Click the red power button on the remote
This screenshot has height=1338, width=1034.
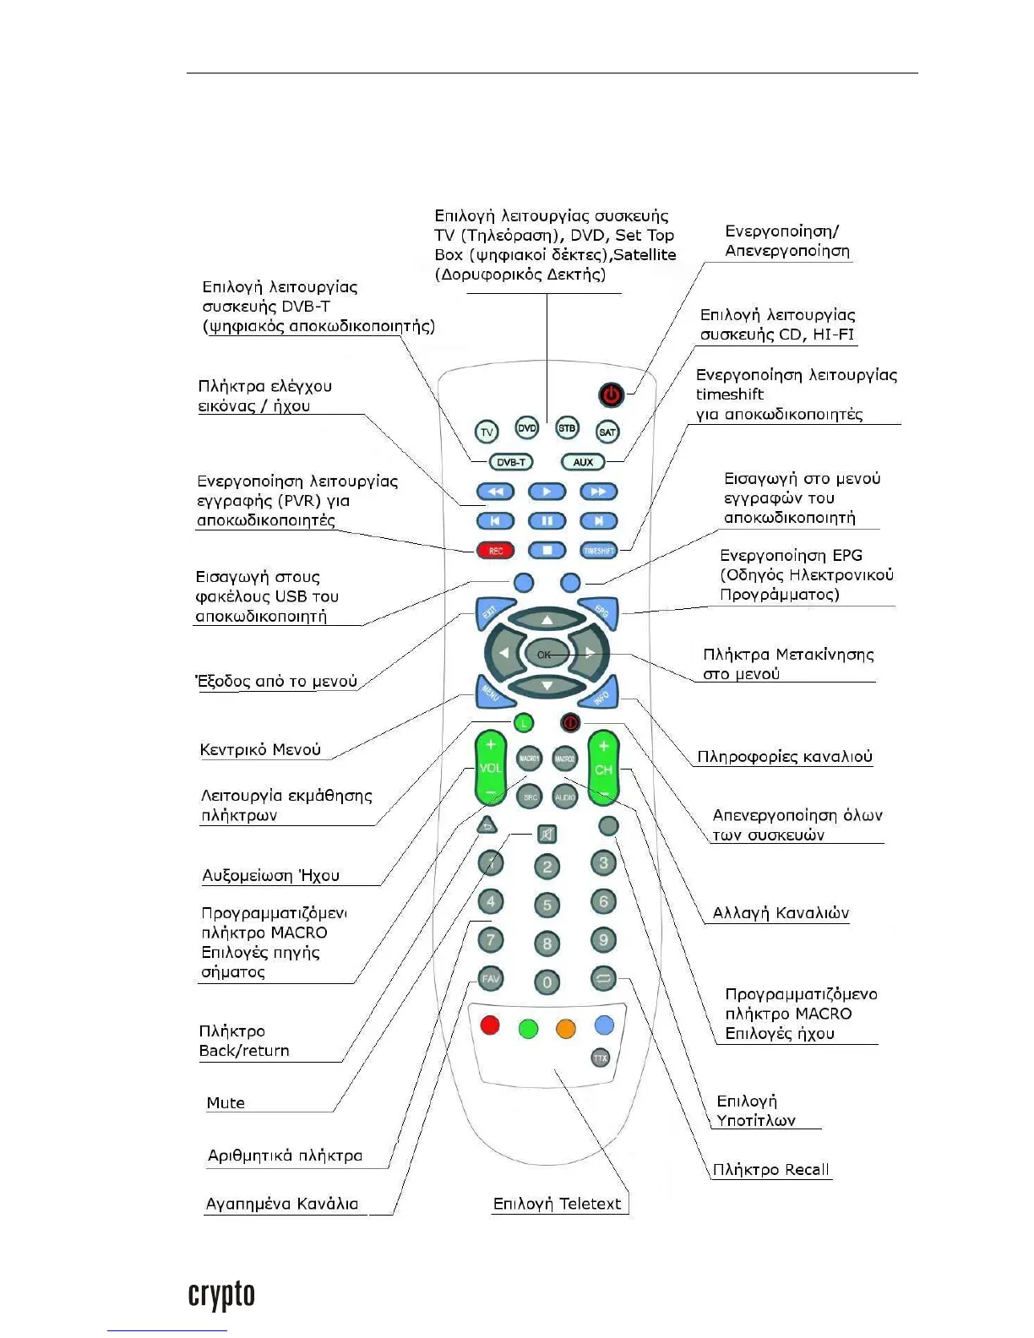point(612,394)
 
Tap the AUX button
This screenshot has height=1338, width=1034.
point(583,462)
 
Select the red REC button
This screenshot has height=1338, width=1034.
point(496,551)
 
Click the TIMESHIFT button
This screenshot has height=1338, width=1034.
point(598,551)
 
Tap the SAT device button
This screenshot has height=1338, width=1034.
point(607,432)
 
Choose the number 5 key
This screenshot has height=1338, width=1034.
point(547,905)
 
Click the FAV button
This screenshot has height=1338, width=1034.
point(491,978)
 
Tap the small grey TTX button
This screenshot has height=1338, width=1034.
point(600,1058)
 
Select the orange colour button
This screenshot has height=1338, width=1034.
point(566,1028)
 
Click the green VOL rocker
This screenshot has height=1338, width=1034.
point(491,768)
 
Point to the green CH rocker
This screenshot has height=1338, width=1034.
point(603,768)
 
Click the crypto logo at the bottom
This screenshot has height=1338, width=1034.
point(221,1295)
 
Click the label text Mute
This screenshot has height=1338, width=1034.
point(226,1102)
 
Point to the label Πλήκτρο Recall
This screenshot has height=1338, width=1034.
point(770,1169)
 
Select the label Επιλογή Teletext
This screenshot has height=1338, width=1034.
point(557,1204)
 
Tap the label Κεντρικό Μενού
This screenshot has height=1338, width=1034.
point(260,749)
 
